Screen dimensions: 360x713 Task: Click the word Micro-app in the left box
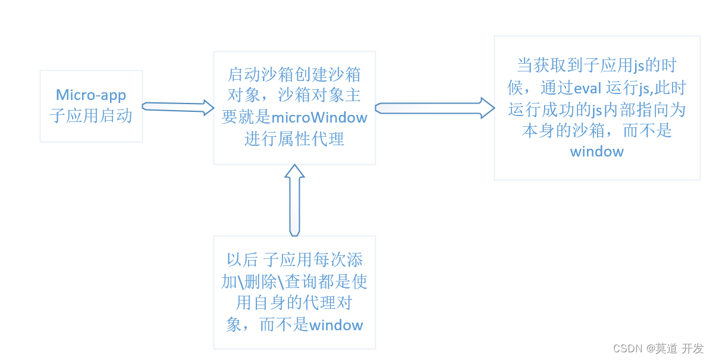91,95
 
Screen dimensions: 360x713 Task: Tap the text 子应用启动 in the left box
91,115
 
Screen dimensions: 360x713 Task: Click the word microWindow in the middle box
319,117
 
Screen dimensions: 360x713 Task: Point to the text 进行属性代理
294,139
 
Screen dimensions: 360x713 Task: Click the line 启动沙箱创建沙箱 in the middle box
294,74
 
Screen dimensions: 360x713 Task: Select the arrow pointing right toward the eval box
434,108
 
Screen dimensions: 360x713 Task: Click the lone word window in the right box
596,151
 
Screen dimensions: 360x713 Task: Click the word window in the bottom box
336,325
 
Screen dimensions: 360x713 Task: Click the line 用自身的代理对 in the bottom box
294,303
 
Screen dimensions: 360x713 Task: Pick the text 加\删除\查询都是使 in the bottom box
294,281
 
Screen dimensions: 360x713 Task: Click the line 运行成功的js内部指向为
596,109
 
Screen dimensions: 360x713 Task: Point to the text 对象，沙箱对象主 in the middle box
294,96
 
